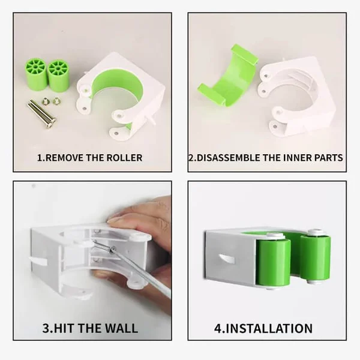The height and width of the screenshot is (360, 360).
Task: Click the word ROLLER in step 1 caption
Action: (124, 158)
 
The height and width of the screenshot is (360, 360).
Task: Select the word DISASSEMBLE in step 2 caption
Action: (229, 158)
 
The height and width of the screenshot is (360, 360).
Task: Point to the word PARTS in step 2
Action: (328, 158)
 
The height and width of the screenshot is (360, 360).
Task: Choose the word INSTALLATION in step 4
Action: (269, 328)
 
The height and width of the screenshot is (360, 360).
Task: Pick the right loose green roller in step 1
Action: (59, 74)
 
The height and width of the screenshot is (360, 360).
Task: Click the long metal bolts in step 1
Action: (42, 112)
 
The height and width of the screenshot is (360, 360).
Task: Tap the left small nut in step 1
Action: (46, 100)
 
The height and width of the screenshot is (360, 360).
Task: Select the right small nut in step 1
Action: (56, 101)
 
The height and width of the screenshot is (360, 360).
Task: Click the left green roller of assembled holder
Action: (273, 262)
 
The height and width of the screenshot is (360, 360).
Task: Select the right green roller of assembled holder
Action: (315, 256)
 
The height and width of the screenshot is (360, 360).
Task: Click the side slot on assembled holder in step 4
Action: (227, 259)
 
